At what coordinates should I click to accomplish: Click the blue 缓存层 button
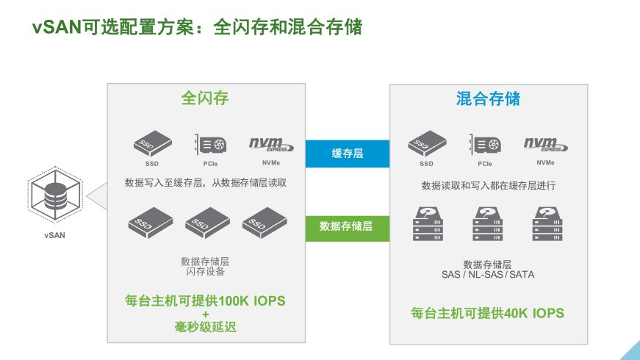[x=348, y=154]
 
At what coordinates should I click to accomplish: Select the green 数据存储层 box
[x=348, y=226]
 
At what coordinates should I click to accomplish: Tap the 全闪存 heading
[x=205, y=98]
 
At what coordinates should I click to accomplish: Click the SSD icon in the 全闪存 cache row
[x=152, y=145]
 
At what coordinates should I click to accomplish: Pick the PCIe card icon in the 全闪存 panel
[x=208, y=145]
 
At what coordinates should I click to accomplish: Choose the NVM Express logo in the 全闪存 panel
[x=270, y=144]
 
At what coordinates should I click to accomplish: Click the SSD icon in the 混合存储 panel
[x=427, y=145]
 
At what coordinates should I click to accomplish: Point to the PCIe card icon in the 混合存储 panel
[x=484, y=145]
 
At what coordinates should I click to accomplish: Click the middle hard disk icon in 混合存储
[x=488, y=223]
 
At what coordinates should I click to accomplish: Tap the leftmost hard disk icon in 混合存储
[x=429, y=223]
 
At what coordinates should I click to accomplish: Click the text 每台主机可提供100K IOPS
[x=205, y=301]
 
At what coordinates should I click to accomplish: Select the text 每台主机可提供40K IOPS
[x=487, y=313]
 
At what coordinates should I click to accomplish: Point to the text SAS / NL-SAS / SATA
[x=487, y=275]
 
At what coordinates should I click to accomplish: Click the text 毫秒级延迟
[x=205, y=327]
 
